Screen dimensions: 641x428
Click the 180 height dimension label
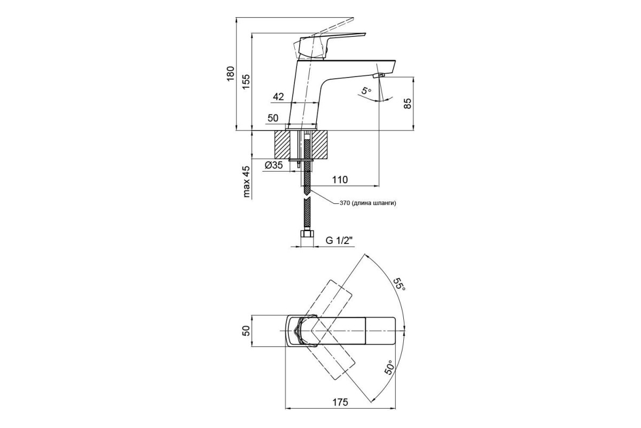[x=230, y=74]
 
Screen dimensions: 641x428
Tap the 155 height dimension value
[x=246, y=82]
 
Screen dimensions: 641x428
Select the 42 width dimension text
[x=278, y=97]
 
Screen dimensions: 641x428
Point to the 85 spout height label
[x=408, y=103]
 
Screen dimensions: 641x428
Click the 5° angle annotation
[x=366, y=91]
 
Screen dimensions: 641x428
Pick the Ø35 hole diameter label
[x=274, y=165]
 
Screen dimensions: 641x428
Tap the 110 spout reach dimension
[x=340, y=180]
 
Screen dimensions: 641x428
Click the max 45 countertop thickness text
[x=246, y=182]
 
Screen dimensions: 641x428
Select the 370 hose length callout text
[x=368, y=203]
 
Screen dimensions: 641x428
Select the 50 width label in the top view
[x=246, y=331]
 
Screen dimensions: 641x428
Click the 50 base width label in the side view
[x=273, y=118]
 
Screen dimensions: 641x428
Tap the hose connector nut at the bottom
[x=307, y=234]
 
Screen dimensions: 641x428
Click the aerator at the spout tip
[x=378, y=75]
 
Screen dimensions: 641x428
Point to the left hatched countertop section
[x=282, y=144]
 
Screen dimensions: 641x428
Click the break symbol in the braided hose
[x=307, y=197]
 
